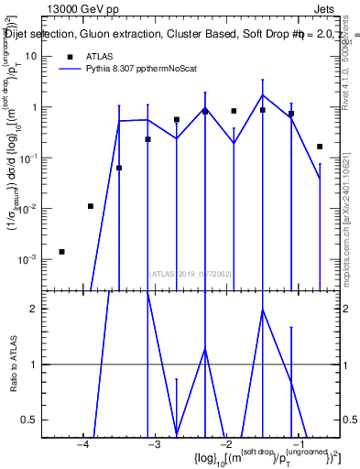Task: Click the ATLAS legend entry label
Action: (100, 57)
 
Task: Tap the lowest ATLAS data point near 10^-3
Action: (61, 252)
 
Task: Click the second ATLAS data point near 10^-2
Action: (91, 206)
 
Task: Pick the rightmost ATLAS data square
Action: (320, 147)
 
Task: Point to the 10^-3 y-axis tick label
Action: (28, 259)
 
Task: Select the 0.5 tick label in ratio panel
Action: (30, 420)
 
